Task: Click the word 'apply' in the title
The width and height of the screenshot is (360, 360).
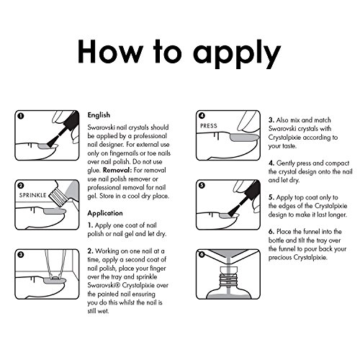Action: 237,54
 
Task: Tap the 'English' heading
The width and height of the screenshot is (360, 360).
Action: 99,115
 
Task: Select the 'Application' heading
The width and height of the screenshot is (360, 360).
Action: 105,213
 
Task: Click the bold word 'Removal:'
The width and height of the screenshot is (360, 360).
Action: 117,170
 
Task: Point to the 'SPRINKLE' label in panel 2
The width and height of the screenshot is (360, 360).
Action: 32,195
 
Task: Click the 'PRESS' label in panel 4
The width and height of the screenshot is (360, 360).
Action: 209,126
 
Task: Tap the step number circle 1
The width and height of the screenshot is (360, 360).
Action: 21,116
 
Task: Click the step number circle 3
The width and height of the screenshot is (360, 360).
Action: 21,255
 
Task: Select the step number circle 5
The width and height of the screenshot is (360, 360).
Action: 202,185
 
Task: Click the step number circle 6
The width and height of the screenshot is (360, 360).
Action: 202,254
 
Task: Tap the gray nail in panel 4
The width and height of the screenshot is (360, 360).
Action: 244,138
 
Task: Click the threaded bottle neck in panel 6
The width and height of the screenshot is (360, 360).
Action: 228,280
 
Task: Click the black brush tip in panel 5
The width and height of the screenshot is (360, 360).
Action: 233,211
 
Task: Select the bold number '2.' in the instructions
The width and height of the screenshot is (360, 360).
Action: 90,251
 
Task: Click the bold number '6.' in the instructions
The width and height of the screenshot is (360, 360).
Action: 271,232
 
